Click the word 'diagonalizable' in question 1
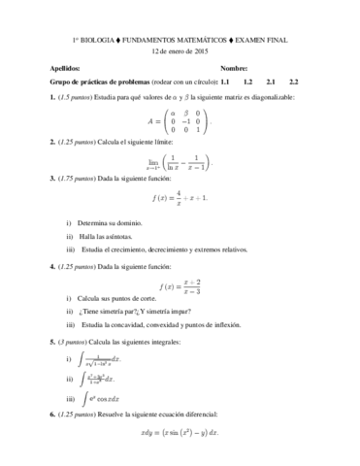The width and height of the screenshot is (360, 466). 291,98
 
